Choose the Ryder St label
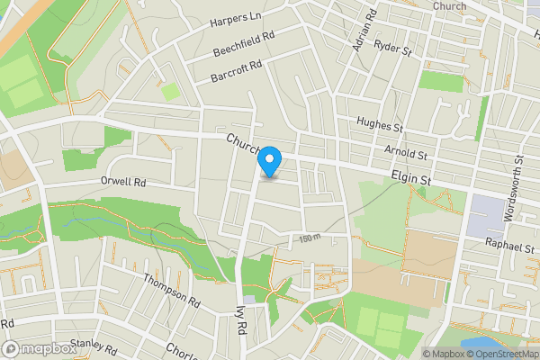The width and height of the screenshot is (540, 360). tap(392, 47)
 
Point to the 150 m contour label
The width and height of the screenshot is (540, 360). tap(310, 238)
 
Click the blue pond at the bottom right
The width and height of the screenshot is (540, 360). tap(482, 344)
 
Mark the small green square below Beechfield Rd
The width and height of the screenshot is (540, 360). tap(169, 91)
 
